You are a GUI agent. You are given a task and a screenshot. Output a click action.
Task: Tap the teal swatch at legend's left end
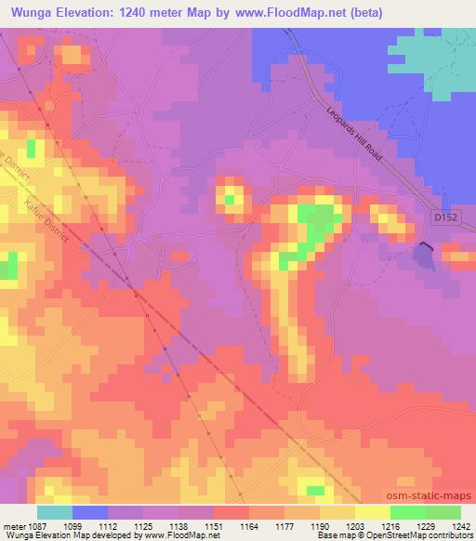55,511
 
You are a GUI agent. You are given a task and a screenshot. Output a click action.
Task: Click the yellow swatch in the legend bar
373,511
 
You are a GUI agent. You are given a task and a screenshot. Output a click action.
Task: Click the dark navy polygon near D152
425,253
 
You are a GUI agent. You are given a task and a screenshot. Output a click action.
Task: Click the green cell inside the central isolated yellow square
229,198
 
